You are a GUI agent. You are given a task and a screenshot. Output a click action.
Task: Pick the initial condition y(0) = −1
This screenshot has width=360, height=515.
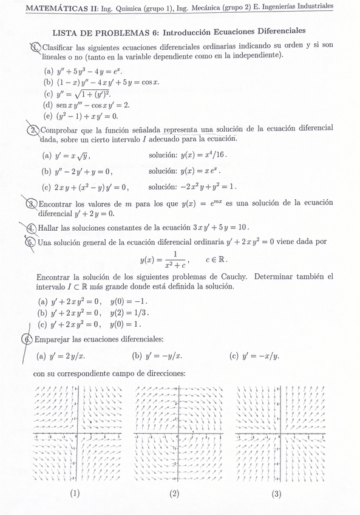click(x=129, y=301)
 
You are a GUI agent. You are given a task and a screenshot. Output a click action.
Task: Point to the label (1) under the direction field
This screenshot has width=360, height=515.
click(x=75, y=494)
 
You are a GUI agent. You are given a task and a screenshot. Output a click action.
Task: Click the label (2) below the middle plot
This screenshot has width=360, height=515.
click(x=175, y=494)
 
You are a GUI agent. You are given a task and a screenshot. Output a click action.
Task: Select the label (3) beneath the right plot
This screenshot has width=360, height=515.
click(x=276, y=494)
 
